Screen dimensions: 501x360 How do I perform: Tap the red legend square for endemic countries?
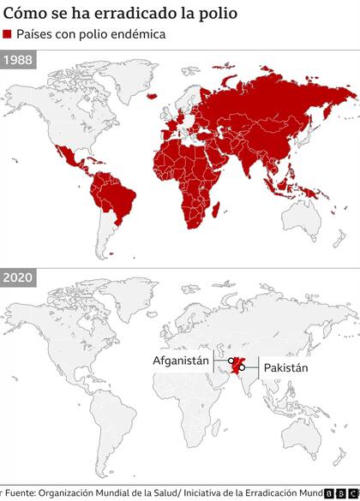[8, 34]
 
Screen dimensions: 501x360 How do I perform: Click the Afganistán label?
[181, 361]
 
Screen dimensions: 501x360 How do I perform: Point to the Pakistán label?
[285, 367]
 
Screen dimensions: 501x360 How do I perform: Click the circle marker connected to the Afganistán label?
[231, 361]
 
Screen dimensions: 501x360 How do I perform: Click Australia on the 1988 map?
[304, 223]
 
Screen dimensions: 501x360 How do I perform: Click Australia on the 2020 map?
[304, 439]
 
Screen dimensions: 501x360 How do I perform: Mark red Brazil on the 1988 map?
[120, 197]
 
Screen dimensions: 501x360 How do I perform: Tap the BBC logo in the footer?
[340, 493]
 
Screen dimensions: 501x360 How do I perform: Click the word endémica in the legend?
[137, 34]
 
